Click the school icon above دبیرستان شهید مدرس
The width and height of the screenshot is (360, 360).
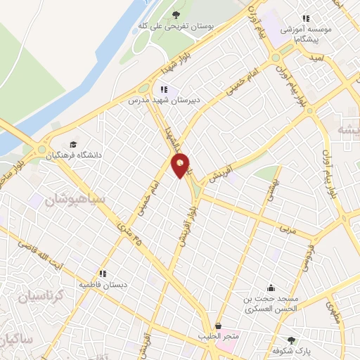click(163, 89)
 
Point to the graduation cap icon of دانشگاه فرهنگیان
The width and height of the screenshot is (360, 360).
click(74, 144)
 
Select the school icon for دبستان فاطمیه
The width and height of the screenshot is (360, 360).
click(103, 274)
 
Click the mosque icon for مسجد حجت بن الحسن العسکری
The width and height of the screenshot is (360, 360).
click(271, 287)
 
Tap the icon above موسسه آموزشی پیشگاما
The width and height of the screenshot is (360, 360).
click(305, 19)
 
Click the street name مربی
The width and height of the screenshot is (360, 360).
click(288, 230)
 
